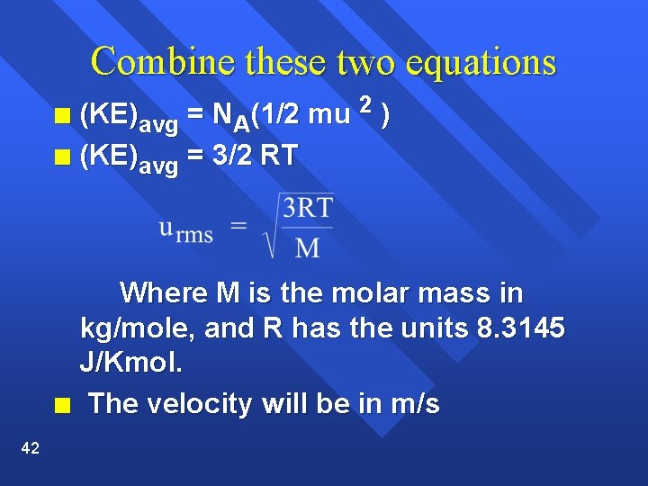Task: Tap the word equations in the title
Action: point(481,62)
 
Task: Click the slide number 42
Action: point(30,448)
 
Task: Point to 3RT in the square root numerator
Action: point(307,210)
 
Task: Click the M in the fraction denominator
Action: point(307,246)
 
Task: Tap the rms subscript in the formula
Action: point(194,236)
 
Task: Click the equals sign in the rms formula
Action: point(239,226)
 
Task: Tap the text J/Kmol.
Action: point(131,364)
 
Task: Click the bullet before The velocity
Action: point(61,404)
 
